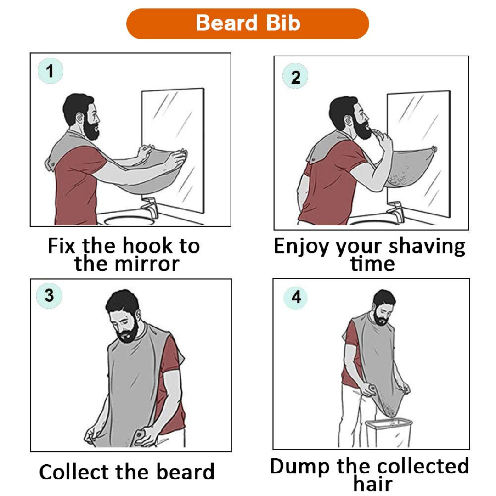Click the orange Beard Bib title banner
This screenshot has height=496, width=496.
point(248,23)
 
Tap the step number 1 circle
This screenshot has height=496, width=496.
point(50,71)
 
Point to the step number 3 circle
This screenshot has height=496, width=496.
point(49,295)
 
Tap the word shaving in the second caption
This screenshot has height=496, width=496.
point(427,247)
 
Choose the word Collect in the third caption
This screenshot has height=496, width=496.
point(74,472)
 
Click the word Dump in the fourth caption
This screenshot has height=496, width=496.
point(301,466)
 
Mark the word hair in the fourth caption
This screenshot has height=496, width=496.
point(372,484)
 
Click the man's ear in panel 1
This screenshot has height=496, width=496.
point(80,119)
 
